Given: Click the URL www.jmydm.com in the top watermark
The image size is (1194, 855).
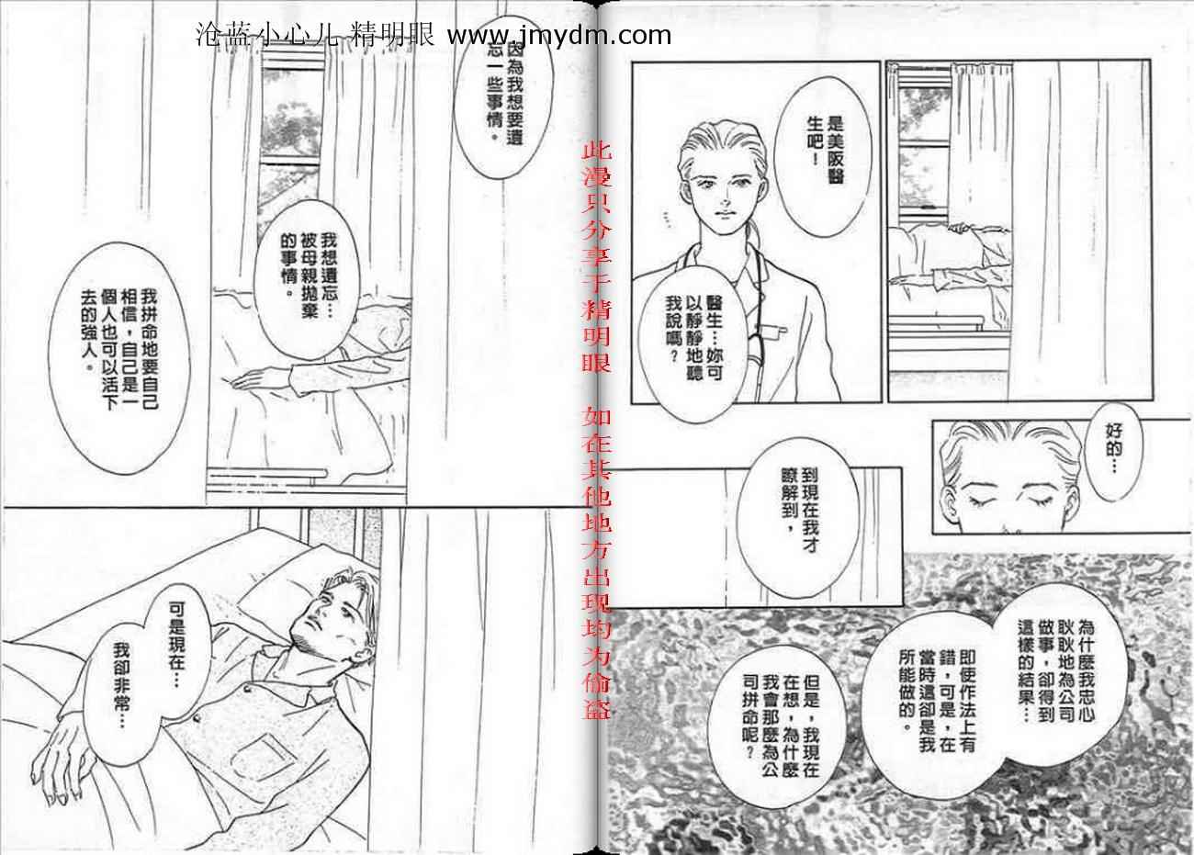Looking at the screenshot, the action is click(558, 36).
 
